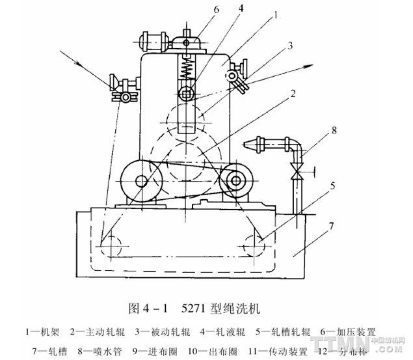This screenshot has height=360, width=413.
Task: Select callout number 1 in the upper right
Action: [276, 12]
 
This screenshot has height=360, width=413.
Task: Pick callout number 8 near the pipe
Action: [334, 130]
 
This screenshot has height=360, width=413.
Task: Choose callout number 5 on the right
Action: [332, 186]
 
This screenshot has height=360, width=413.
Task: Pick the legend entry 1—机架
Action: [43, 332]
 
